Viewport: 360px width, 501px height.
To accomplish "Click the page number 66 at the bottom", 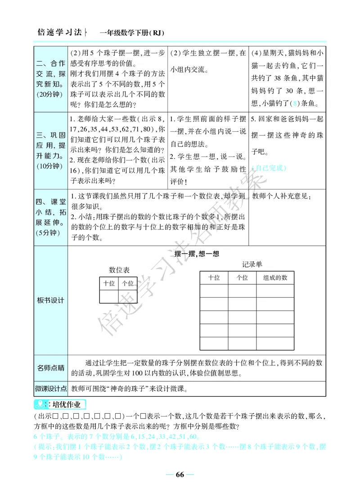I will [180, 475].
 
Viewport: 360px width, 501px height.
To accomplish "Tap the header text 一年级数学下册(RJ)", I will [132, 33].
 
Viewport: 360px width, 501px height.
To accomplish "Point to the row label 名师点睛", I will [50, 368].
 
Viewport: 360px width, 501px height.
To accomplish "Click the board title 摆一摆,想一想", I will [197, 254].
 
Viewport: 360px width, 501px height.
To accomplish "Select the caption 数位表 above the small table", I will [119, 270].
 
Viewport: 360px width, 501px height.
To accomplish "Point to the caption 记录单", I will [252, 264].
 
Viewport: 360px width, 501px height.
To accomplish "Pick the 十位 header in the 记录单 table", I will [214, 278].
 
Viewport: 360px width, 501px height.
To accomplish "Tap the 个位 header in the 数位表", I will [128, 283].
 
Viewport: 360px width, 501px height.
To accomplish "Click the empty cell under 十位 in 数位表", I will [109, 297].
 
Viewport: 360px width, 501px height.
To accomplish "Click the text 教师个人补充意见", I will [281, 196].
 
